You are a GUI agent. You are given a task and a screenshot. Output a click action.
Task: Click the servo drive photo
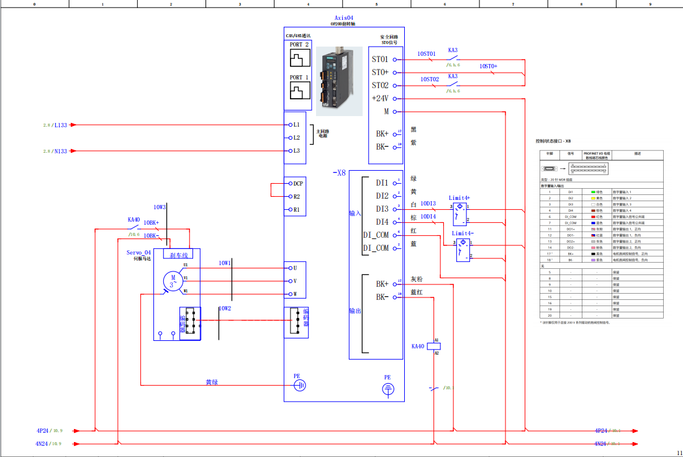point(339,81)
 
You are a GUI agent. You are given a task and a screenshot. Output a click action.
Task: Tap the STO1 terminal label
point(380,60)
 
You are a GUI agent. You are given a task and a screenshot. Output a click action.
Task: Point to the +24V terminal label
point(380,98)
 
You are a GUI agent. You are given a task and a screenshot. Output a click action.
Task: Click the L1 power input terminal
point(296,125)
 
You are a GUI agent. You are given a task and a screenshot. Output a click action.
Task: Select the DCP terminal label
point(297,184)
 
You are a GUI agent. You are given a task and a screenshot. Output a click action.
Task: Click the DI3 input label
point(382,209)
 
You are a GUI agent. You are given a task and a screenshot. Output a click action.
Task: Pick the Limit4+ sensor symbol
point(459,213)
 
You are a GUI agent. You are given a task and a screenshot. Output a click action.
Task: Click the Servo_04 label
point(138,253)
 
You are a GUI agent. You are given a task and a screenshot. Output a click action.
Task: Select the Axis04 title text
point(344,18)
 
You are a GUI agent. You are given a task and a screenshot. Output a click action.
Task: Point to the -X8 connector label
point(338,173)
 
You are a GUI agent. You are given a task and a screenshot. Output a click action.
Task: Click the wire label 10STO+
point(488,66)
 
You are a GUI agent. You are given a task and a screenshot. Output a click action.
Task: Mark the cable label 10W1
point(224,263)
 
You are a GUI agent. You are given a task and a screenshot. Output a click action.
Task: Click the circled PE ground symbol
point(387,389)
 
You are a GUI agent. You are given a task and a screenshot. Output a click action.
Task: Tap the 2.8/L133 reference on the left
point(55,125)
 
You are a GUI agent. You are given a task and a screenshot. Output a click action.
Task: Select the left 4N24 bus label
point(43,443)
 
